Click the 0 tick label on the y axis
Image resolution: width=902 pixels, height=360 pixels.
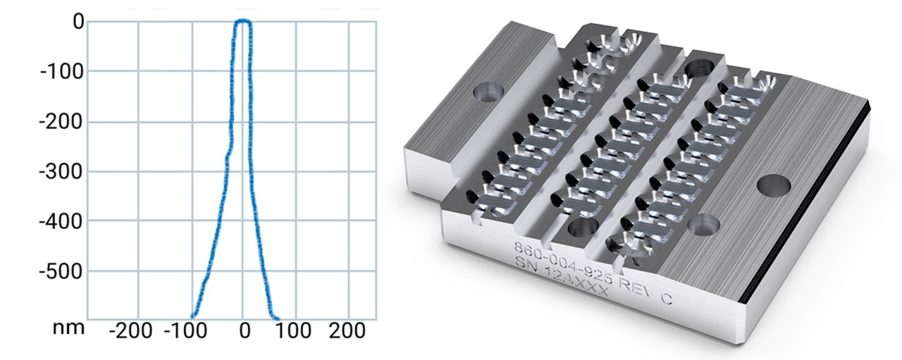(78, 23)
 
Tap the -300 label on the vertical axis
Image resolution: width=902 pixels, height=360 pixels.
(61, 171)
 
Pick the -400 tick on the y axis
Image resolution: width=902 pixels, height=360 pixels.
(61, 221)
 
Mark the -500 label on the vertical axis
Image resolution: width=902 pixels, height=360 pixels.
(61, 271)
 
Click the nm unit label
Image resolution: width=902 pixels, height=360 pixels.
(71, 328)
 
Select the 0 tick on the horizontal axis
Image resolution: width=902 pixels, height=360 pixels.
(244, 329)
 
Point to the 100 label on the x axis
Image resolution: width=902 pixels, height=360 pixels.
(296, 329)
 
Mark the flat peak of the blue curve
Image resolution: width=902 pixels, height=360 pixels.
(242, 22)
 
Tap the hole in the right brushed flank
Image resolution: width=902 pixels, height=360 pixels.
(772, 186)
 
